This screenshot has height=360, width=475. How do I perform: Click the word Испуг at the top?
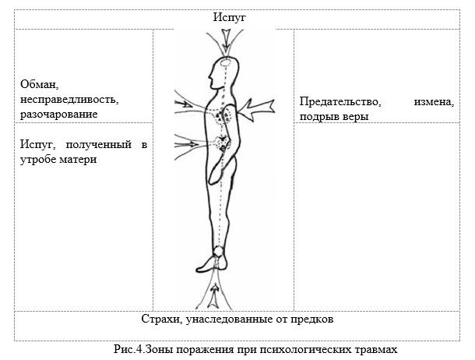click(229, 17)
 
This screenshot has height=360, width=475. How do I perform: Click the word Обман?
click(39, 84)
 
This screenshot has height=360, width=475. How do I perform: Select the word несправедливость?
click(69, 100)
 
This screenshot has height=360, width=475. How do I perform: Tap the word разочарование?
click(58, 115)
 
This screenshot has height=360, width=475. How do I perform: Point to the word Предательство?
click(340, 101)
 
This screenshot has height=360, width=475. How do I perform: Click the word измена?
click(434, 102)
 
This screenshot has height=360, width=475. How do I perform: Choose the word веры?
click(355, 117)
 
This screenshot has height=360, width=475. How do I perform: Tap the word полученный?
click(99, 145)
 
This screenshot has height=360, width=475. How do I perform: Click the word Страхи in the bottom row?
click(160, 319)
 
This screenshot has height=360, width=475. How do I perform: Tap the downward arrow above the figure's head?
click(226, 41)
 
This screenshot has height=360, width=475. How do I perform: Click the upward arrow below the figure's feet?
click(214, 295)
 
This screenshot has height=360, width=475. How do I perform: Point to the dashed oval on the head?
click(227, 63)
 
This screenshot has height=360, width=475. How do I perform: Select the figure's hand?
click(214, 175)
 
